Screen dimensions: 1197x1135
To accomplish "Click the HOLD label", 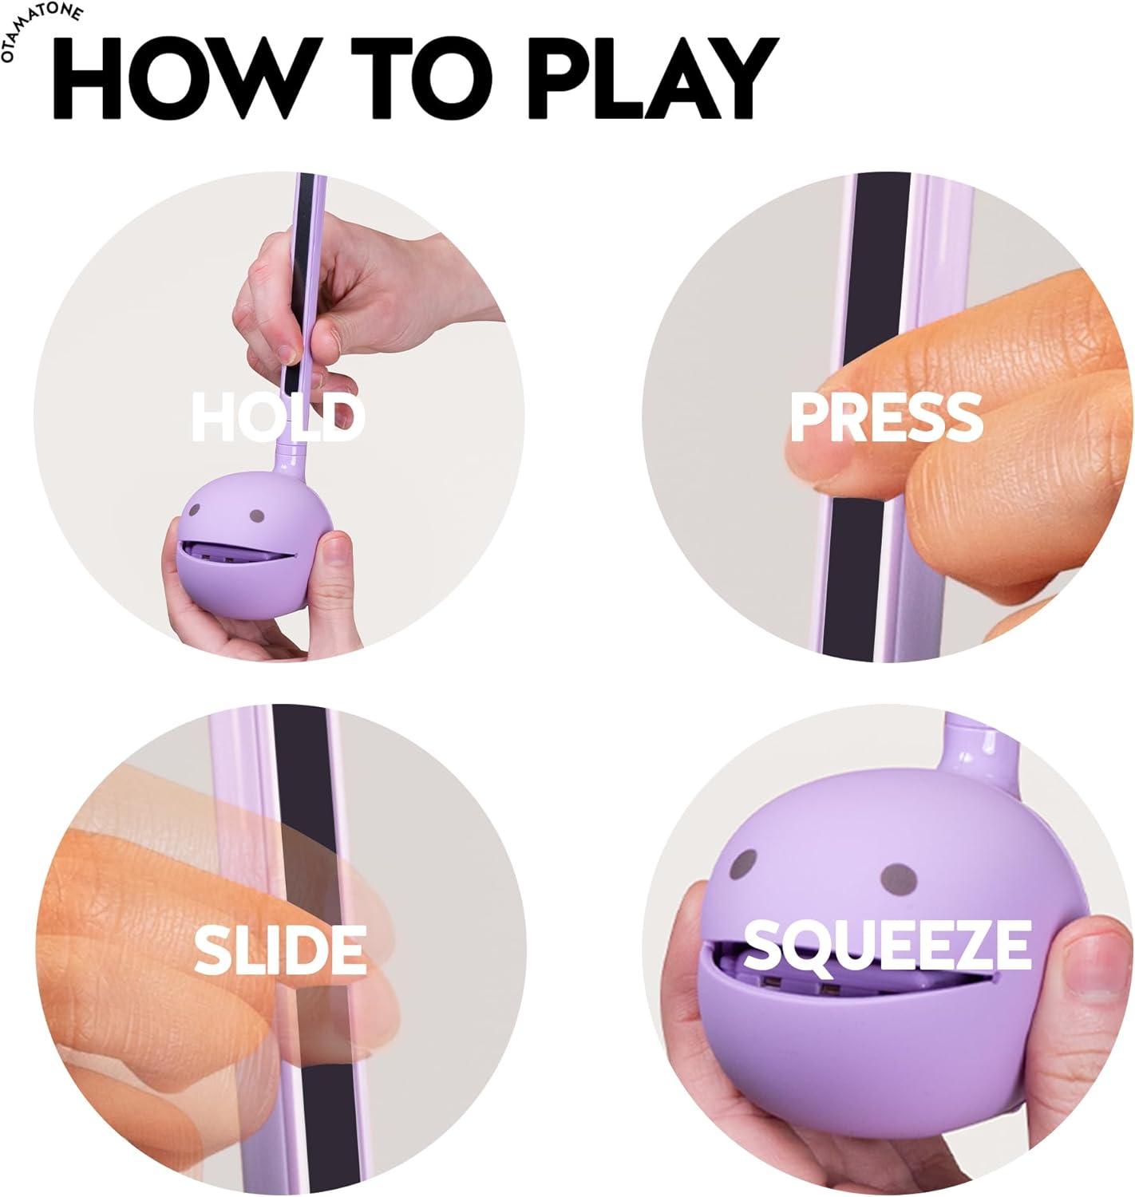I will [278, 417].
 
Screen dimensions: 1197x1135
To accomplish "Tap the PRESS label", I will [886, 417].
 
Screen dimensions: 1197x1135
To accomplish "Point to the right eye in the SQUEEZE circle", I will [893, 879].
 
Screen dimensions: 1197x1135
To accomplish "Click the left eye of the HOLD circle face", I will [198, 508].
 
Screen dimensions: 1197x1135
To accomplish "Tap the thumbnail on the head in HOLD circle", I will [336, 550].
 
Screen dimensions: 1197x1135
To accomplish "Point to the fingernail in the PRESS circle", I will [814, 471].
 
